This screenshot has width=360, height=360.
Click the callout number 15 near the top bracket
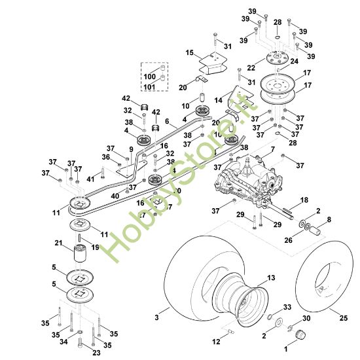190,52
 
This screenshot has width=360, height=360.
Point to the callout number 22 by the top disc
251,67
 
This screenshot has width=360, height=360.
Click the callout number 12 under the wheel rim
217,340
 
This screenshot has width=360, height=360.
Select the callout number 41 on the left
90,179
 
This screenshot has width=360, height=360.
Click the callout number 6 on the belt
167,122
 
